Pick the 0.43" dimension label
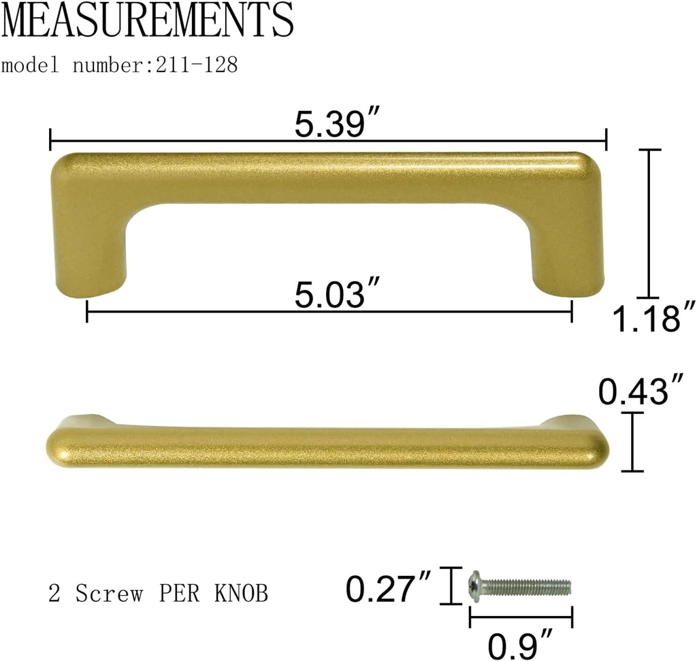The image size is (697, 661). coord(640,391)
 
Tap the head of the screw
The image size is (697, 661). coord(475,586)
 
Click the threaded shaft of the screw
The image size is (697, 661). coord(528,587)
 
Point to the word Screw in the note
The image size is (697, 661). coord(109,594)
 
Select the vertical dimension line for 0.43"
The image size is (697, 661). coord(633,442)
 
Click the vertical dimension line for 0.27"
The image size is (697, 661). coord(449,586)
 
